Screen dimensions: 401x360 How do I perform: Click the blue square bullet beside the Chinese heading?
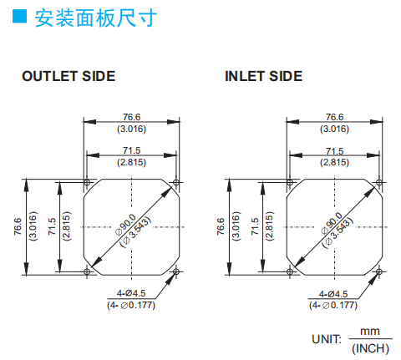[19, 16]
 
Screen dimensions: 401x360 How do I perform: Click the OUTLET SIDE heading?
[69, 76]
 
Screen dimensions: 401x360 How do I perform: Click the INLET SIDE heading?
[263, 76]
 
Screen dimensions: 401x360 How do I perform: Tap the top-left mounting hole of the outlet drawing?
[87, 183]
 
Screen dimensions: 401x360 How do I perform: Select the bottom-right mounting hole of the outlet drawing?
[176, 271]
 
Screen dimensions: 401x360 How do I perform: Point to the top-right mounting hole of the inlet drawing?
[379, 183]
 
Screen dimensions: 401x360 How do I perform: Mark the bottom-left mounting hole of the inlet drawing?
[290, 271]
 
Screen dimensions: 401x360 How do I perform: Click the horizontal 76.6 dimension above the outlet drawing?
[132, 117]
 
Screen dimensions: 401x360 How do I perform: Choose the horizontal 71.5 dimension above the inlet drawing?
[334, 151]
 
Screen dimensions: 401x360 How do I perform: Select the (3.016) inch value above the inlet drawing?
[334, 129]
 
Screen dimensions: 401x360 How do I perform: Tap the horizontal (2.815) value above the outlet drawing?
[131, 162]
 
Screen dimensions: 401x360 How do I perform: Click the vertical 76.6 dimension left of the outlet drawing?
[18, 226]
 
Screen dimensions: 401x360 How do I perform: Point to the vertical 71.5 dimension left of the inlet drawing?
[255, 226]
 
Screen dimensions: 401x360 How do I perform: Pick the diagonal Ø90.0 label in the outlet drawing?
[126, 225]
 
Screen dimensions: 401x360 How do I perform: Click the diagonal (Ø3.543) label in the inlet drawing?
[338, 233]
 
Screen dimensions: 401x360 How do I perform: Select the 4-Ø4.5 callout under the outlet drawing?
[131, 293]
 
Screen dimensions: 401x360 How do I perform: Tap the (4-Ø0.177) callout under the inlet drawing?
[333, 306]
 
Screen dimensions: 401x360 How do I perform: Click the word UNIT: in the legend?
[327, 339]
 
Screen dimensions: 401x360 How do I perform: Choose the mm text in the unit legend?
[370, 332]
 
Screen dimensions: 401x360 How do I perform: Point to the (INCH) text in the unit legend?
[370, 348]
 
